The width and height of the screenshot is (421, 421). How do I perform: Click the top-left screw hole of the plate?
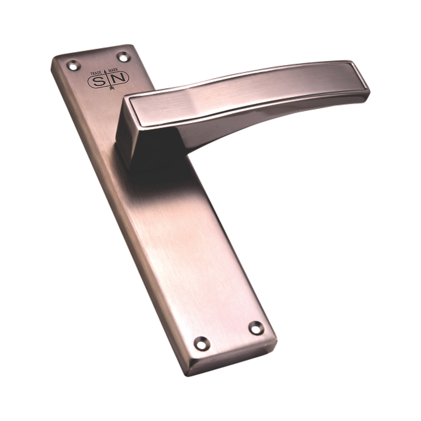point(73,66)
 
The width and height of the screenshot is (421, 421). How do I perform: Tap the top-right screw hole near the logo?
point(123,56)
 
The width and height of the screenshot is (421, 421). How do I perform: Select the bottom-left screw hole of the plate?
point(202,344)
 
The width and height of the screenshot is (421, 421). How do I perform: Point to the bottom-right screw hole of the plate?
point(256,328)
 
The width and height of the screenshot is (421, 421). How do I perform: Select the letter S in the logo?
point(98,81)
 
